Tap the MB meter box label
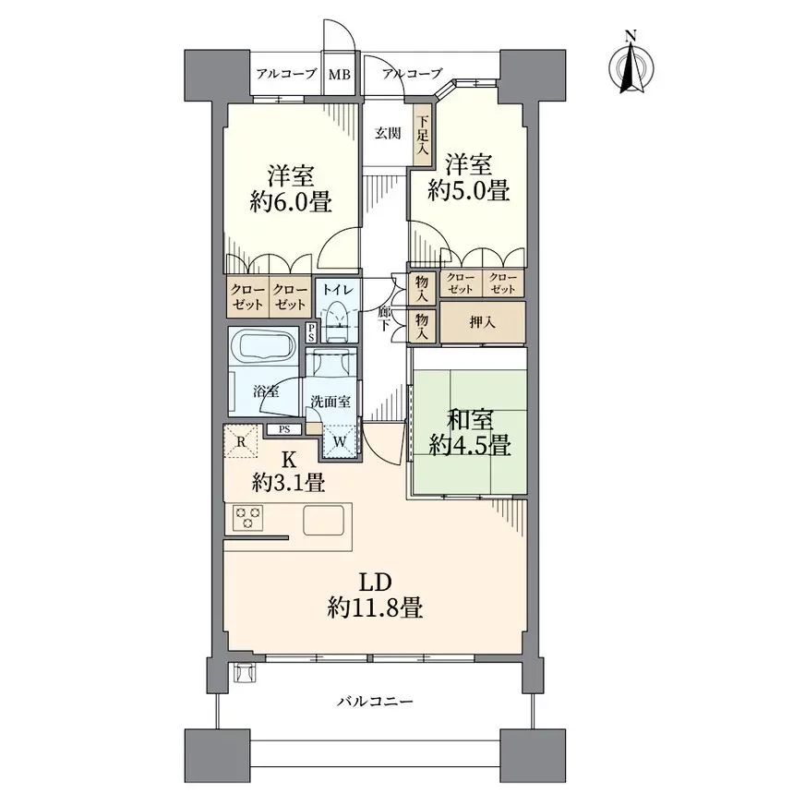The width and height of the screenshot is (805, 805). pyautogui.click(x=340, y=75)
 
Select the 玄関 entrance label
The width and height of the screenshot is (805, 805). pyautogui.click(x=388, y=134)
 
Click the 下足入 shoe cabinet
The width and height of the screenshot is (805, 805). pyautogui.click(x=423, y=135)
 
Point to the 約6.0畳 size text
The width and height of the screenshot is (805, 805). pyautogui.click(x=291, y=202)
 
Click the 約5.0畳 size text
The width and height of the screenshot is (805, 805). pyautogui.click(x=468, y=190)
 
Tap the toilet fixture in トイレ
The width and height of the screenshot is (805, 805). pyautogui.click(x=338, y=321)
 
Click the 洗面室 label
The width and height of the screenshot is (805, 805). pyautogui.click(x=330, y=401)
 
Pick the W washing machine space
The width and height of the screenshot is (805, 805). pyautogui.click(x=340, y=440)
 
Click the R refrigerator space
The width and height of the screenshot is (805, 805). pyautogui.click(x=241, y=441)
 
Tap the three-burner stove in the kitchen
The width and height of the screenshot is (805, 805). pyautogui.click(x=248, y=518)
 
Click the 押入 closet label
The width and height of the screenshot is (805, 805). pyautogui.click(x=482, y=322)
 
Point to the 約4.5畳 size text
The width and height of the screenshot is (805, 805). pyautogui.click(x=470, y=445)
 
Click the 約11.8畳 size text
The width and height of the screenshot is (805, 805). pyautogui.click(x=376, y=608)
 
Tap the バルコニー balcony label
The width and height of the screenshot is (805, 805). pyautogui.click(x=376, y=702)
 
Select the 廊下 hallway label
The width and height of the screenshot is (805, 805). pyautogui.click(x=386, y=318)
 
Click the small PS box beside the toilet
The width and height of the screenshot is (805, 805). pyautogui.click(x=311, y=332)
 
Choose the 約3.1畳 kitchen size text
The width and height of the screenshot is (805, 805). pyautogui.click(x=288, y=483)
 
